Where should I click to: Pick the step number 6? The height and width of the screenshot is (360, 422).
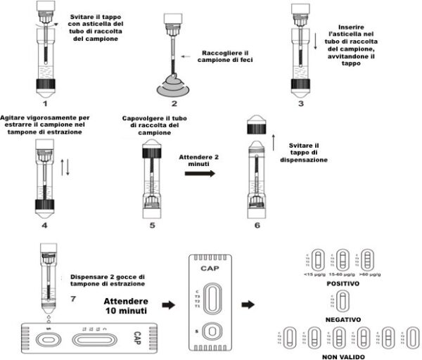click(x=257, y=226)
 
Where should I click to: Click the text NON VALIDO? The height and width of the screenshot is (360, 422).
click(x=343, y=355)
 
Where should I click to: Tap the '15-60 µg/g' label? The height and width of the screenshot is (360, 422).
click(x=343, y=275)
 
